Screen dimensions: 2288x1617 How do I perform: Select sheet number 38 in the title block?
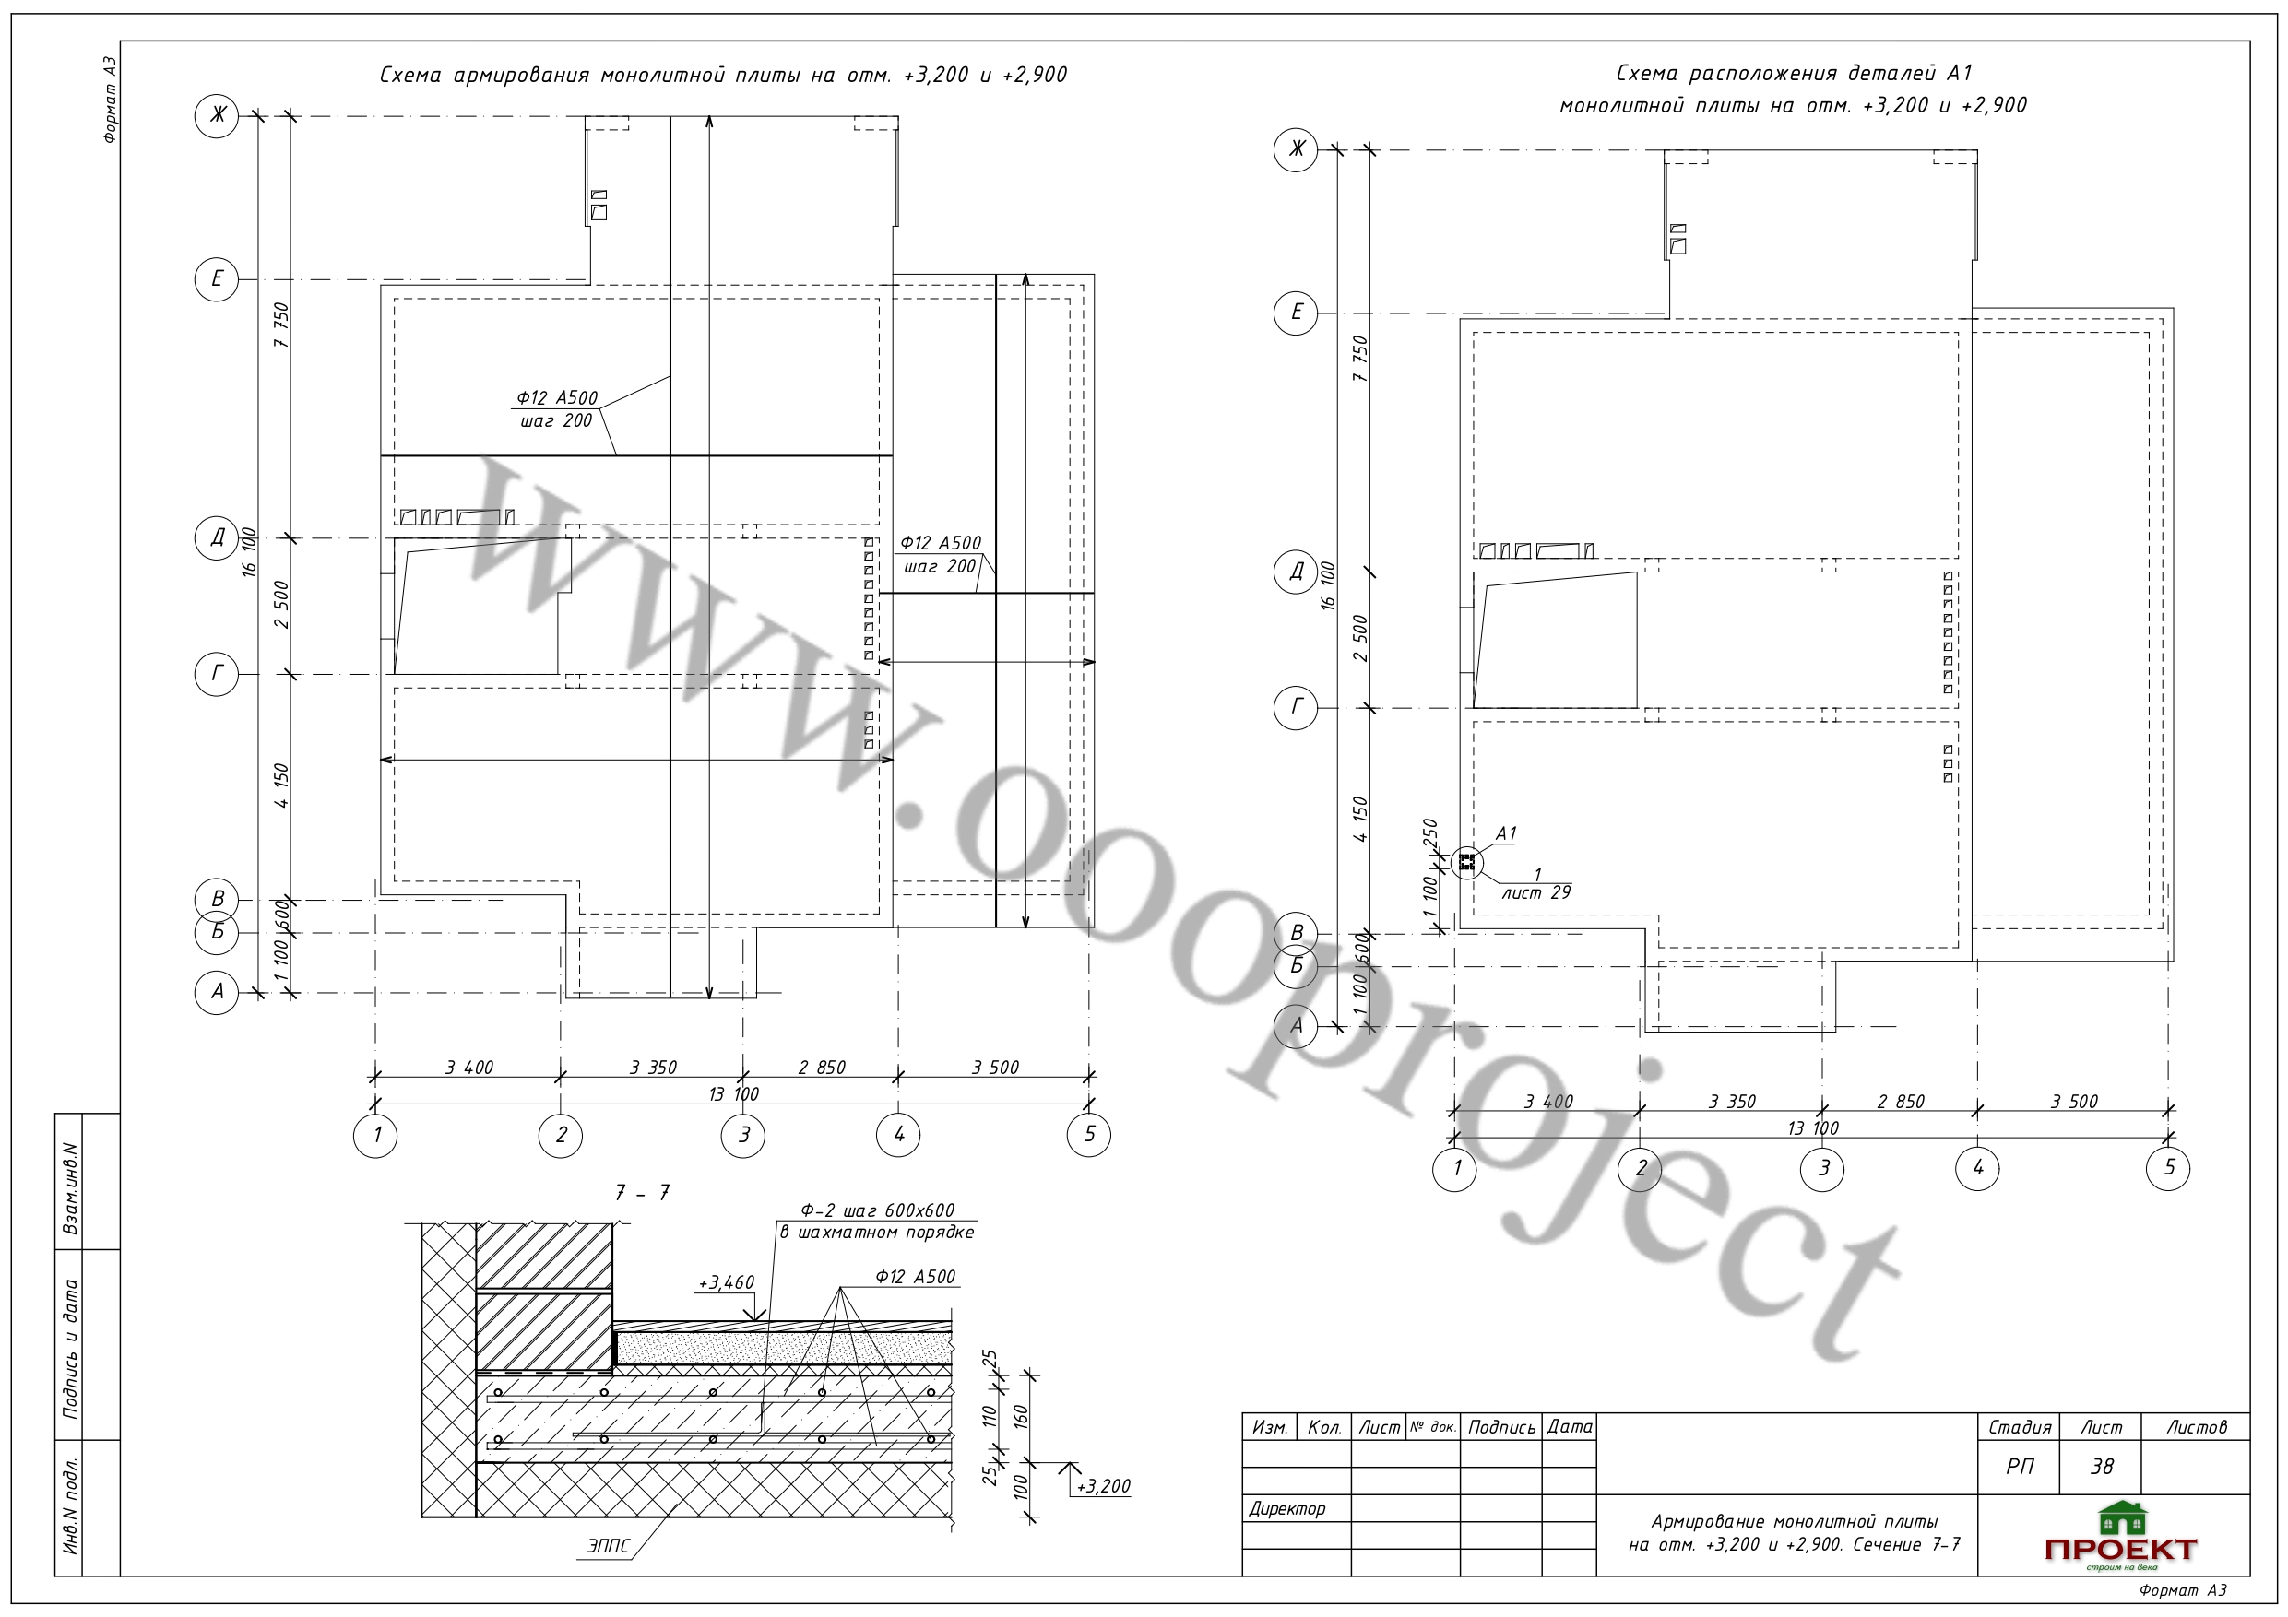click(x=2102, y=1467)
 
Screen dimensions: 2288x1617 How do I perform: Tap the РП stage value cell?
click(x=2020, y=1467)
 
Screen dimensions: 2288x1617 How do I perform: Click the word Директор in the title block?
click(x=1286, y=1508)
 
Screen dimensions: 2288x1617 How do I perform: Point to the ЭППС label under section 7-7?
click(x=608, y=1546)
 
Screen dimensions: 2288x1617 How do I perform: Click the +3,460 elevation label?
click(x=727, y=1282)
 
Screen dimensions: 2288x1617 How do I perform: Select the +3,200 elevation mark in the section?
click(x=1103, y=1486)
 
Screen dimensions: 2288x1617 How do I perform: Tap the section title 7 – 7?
click(x=642, y=1193)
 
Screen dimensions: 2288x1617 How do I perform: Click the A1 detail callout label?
click(x=1506, y=832)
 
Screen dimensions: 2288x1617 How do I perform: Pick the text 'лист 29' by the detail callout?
click(x=1535, y=892)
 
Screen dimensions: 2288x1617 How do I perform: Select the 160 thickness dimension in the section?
click(x=1019, y=1417)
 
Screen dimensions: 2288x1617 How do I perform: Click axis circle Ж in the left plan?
click(x=216, y=115)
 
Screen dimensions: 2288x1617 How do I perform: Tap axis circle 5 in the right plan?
click(x=2168, y=1168)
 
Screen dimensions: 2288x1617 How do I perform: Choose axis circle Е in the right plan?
click(x=1297, y=312)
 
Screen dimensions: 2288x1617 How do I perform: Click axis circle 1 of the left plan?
click(x=375, y=1134)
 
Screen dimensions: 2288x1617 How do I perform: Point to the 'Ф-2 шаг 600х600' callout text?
click(x=877, y=1210)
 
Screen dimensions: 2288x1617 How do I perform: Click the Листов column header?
click(x=2197, y=1427)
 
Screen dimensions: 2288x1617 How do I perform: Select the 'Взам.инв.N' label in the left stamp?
click(x=71, y=1188)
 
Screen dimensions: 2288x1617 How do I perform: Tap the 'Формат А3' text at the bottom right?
click(x=2182, y=1591)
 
